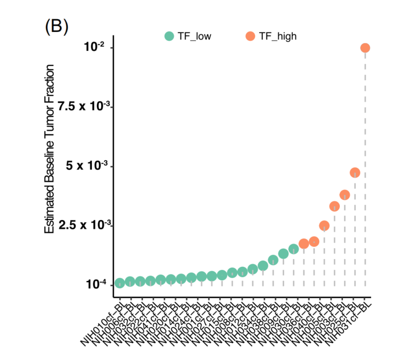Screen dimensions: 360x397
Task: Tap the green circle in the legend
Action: pyautogui.click(x=169, y=36)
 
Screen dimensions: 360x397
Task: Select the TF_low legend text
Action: pyautogui.click(x=194, y=36)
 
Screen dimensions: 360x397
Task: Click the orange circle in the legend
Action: pyautogui.click(x=250, y=36)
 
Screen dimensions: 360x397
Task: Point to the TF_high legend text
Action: pyautogui.click(x=278, y=36)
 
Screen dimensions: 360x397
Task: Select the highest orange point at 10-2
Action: pyautogui.click(x=365, y=48)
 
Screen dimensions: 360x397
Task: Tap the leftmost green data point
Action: pyautogui.click(x=120, y=283)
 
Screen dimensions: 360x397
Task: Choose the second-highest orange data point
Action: pyautogui.click(x=355, y=173)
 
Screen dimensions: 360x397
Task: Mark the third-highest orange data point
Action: pyautogui.click(x=344, y=195)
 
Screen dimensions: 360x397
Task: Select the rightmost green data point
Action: pyautogui.click(x=293, y=249)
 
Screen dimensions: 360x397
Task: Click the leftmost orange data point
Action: pyautogui.click(x=304, y=244)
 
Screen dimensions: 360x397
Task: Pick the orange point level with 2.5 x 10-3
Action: pyautogui.click(x=324, y=226)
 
